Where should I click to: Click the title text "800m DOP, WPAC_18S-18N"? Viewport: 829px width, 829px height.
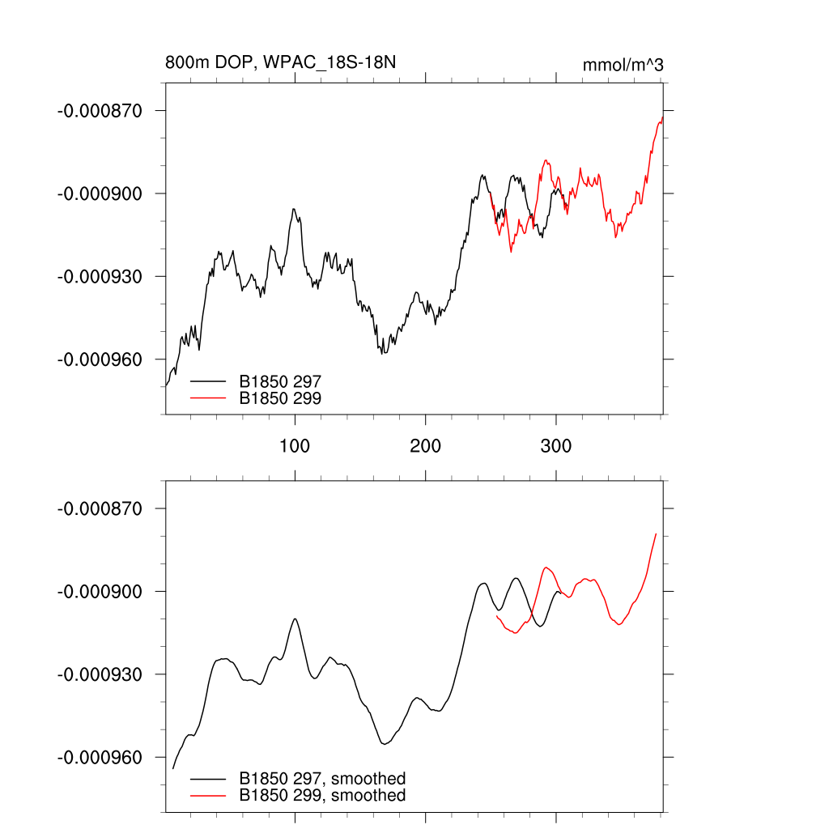280,63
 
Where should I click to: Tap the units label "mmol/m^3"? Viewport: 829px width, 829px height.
623,65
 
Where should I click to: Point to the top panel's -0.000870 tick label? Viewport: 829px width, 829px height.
100,110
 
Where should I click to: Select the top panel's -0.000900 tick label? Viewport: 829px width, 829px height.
100,193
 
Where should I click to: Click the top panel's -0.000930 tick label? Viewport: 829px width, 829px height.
100,276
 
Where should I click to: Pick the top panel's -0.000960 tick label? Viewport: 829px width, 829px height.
100,359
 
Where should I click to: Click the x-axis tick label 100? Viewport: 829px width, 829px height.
295,446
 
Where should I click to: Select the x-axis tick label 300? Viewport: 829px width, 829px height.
556,446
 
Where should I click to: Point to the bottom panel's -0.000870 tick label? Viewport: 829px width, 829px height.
100,508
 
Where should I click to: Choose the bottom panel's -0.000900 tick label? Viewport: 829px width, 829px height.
100,592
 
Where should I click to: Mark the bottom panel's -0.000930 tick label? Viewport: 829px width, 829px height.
100,674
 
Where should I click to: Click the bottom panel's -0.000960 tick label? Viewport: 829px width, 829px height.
100,758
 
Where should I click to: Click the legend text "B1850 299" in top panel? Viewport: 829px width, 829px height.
280,397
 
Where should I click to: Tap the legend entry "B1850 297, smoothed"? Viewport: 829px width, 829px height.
322,779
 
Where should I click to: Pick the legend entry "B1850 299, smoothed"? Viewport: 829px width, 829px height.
322,796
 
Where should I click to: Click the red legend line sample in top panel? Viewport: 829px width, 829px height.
208,397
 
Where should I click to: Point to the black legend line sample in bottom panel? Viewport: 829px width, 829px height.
208,779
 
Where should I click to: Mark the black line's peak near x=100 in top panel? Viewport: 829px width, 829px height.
294,209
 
